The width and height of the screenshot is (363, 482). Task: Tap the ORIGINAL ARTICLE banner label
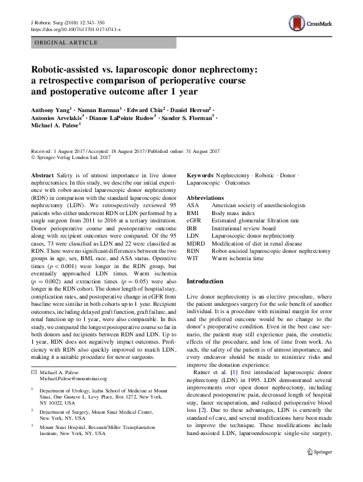pyautogui.click(x=67, y=43)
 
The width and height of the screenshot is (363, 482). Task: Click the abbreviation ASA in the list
pyautogui.click(x=193, y=207)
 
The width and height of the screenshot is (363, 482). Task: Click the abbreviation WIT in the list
pyautogui.click(x=193, y=258)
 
